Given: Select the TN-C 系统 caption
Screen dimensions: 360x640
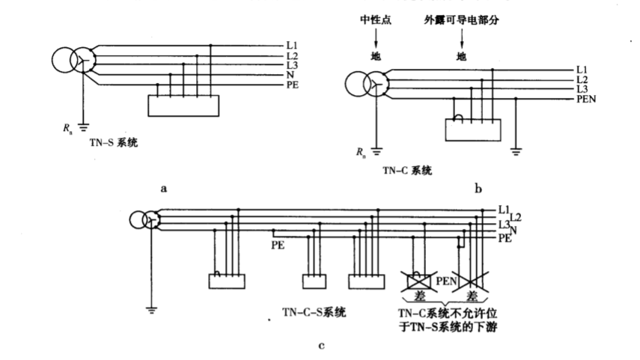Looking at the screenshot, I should tap(407, 171).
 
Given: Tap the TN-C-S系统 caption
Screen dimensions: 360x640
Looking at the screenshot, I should tap(314, 312).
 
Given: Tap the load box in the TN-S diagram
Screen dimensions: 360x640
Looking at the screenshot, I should tap(183, 106).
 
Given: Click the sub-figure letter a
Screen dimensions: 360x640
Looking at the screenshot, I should tap(163, 189).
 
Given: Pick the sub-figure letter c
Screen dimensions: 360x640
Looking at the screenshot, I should tap(321, 346).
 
